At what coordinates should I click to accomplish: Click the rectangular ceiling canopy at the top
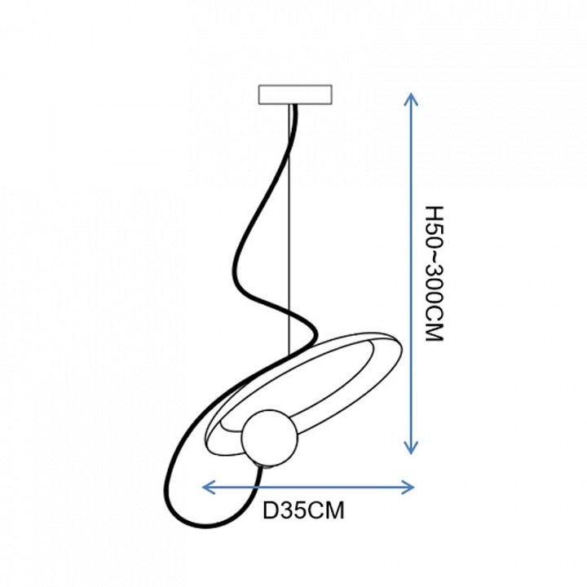(x=295, y=95)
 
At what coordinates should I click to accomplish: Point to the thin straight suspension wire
(x=289, y=229)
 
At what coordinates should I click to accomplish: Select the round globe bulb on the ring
(x=270, y=439)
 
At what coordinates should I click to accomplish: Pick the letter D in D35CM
(x=271, y=510)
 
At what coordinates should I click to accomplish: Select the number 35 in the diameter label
(x=293, y=510)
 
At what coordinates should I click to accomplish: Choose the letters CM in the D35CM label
(x=325, y=510)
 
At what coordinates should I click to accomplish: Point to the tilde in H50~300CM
(x=435, y=254)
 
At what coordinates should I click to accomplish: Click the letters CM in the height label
(x=435, y=324)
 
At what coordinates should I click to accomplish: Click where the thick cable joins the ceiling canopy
(x=294, y=105)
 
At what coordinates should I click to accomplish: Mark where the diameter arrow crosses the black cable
(x=257, y=487)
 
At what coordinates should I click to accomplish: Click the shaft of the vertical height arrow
(x=411, y=273)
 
